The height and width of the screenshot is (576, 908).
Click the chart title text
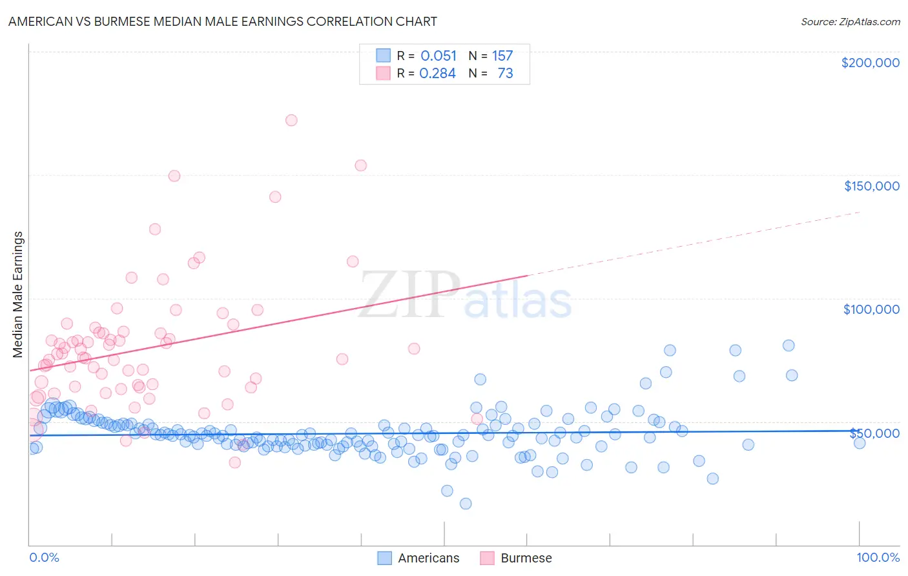point(223,21)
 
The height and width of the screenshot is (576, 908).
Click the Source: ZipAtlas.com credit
point(850,21)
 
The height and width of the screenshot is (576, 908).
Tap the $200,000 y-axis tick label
point(870,63)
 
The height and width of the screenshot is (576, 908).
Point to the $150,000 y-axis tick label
point(871,186)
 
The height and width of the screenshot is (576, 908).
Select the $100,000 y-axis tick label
point(871,309)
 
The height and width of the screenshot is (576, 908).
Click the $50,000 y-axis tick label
point(874,433)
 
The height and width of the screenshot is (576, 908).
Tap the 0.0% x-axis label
point(44,557)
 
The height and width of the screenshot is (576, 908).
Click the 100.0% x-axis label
point(878,557)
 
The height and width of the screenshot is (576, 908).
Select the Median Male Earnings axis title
point(18,294)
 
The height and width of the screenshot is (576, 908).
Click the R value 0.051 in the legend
point(439,56)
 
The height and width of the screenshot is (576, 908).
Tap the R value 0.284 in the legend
point(437,74)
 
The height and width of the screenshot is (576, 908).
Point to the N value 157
point(502,56)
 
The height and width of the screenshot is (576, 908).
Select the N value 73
point(505,74)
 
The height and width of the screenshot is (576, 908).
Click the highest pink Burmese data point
point(291,120)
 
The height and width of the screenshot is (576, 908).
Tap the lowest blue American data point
point(466,504)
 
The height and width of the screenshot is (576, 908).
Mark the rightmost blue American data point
point(859,443)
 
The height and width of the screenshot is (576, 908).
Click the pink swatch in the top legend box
point(384,73)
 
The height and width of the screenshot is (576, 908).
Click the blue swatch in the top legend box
point(384,56)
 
